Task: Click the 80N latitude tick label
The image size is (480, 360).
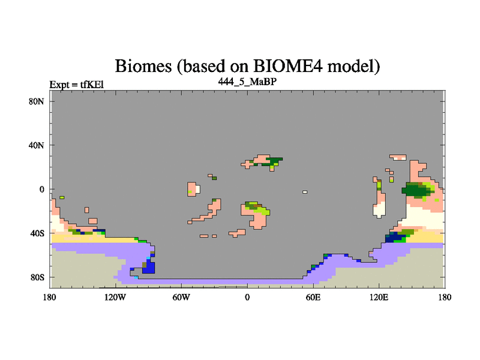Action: (x=36, y=101)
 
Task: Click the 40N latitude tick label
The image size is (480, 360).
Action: (x=36, y=145)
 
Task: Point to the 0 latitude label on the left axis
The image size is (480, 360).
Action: (x=41, y=189)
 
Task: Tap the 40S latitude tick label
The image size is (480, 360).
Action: (x=37, y=233)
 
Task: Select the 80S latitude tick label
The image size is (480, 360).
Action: (x=37, y=277)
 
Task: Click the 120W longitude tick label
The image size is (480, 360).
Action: (x=115, y=297)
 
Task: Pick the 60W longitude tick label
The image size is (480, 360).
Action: (x=181, y=297)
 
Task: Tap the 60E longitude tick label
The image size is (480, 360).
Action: (x=313, y=297)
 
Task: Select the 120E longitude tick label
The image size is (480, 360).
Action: (x=379, y=297)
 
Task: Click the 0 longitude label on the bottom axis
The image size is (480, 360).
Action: (x=247, y=297)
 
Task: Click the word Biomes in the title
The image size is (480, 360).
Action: (x=143, y=66)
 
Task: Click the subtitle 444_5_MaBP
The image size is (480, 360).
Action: (x=247, y=82)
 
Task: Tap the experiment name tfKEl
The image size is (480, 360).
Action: (x=92, y=84)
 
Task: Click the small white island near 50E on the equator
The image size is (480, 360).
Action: (x=305, y=192)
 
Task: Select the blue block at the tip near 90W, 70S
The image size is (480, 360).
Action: (x=149, y=268)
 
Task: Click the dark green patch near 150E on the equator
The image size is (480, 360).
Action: (x=416, y=190)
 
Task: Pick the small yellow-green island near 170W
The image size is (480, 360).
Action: (x=62, y=197)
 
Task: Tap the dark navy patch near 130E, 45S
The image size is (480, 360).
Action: (x=395, y=238)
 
